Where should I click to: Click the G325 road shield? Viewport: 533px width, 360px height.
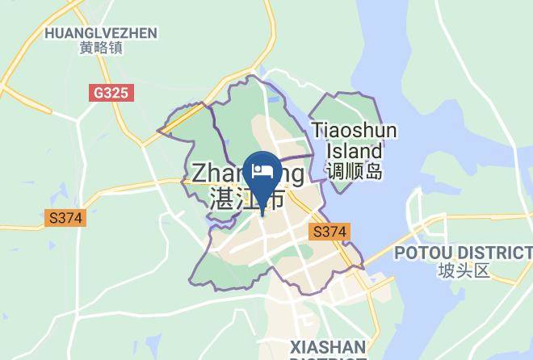coord(111,93)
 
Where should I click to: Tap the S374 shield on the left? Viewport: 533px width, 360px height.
coord(65,218)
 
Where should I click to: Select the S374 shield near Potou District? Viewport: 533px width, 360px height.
coord(329,232)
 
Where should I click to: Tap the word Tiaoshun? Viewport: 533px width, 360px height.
coord(355,131)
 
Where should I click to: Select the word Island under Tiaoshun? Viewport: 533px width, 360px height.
coord(355,151)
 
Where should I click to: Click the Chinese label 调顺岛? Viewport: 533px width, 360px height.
coord(355,170)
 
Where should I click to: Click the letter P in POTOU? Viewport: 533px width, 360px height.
coord(400,253)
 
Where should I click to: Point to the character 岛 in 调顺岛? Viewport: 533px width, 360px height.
coord(373,170)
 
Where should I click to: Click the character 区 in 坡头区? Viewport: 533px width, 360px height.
coord(482,270)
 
